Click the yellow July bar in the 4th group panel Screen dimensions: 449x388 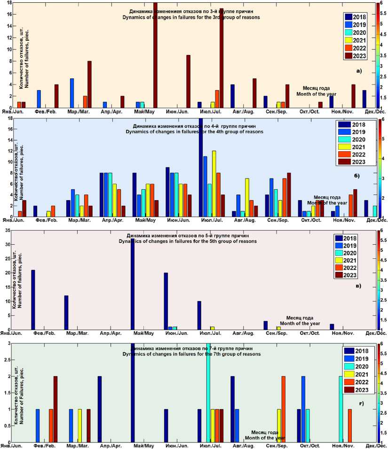coord(214,183)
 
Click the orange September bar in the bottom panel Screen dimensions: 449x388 coord(283,409)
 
